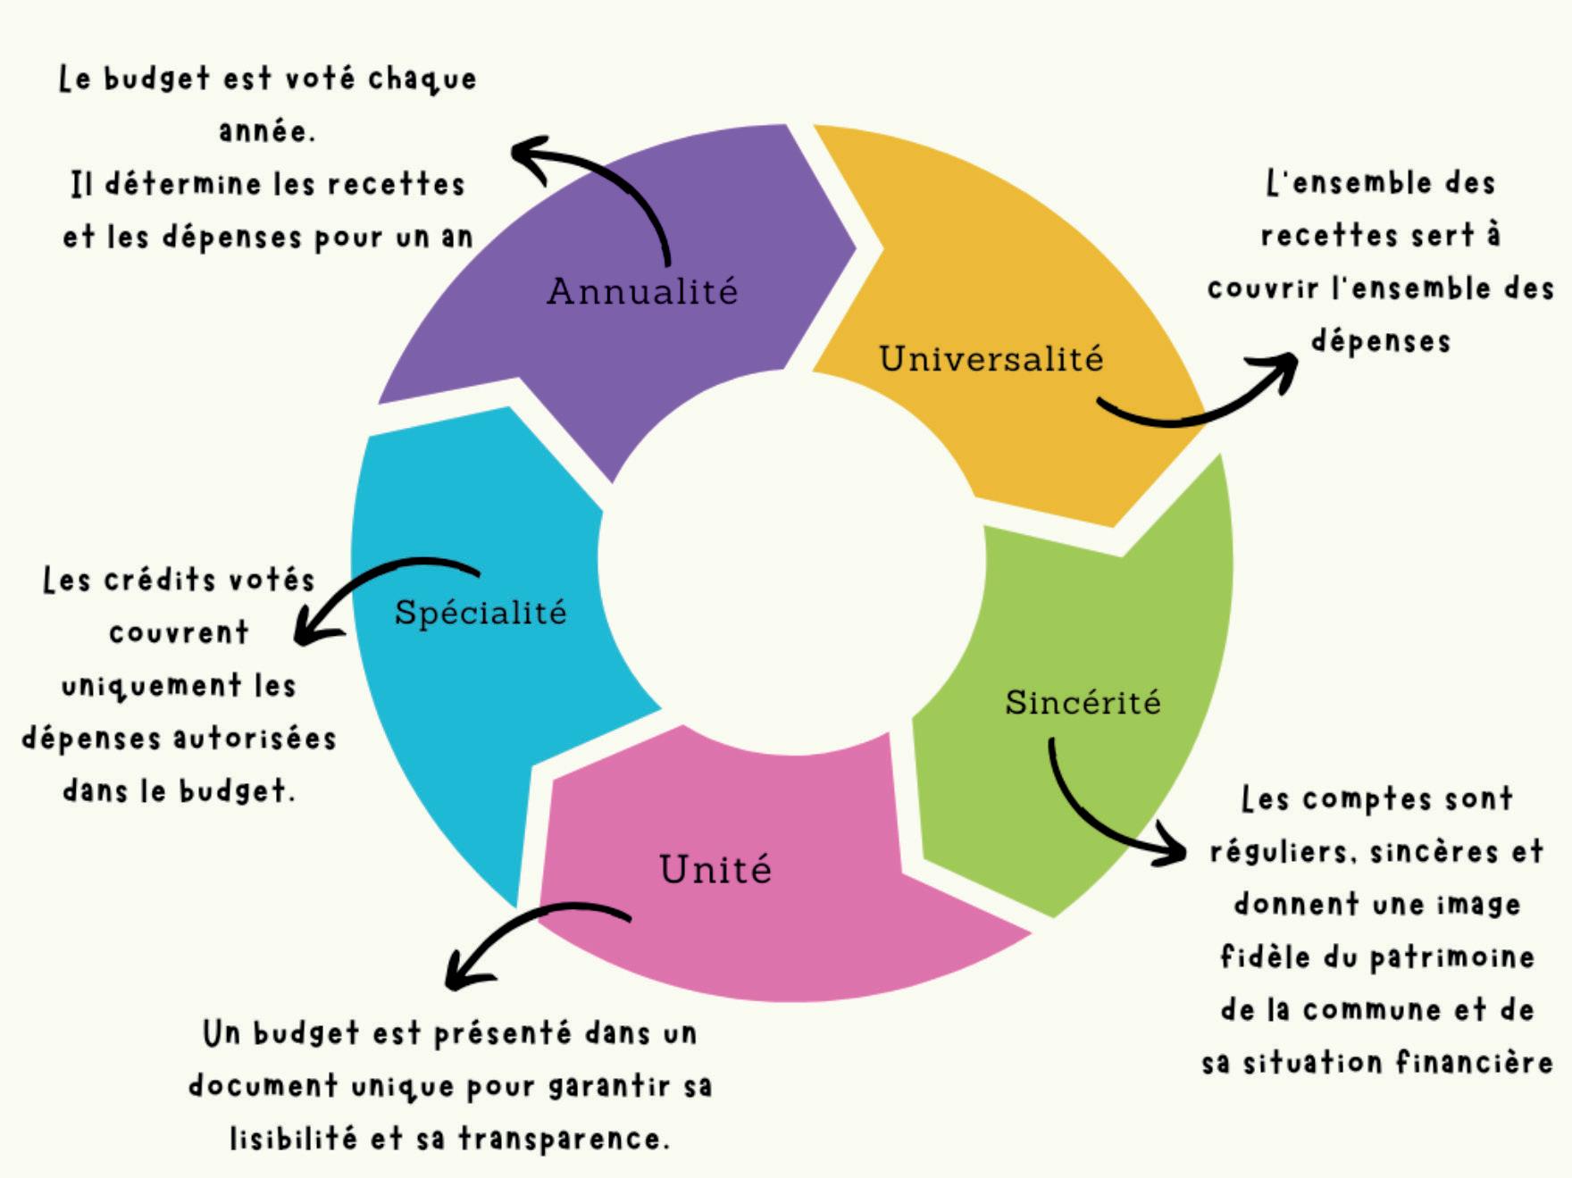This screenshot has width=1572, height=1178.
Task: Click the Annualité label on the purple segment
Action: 642,291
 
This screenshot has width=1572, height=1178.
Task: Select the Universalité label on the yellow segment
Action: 991,359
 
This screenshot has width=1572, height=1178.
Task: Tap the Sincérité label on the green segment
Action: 1083,702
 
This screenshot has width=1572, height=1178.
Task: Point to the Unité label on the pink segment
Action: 715,869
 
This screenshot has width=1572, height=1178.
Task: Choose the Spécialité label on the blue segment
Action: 481,613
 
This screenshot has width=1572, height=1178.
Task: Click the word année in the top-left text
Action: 266,131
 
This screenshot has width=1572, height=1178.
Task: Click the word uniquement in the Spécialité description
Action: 152,686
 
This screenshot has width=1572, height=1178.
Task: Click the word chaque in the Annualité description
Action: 422,79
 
